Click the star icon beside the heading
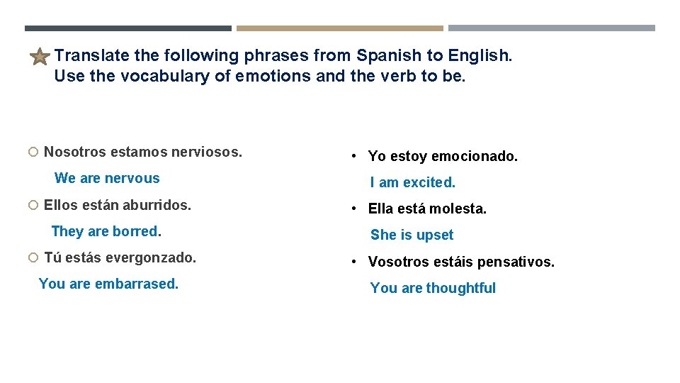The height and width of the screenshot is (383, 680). coord(40,57)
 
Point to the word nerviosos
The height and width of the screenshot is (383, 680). coord(210,152)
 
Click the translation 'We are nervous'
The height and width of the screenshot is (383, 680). coord(107,178)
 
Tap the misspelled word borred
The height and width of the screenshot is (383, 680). coord(136,231)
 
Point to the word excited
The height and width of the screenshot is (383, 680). coord(429,182)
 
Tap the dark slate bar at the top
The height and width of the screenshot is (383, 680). coord(127,28)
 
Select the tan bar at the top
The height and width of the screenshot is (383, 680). coord(339,28)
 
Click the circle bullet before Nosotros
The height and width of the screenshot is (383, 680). coord(33,152)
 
